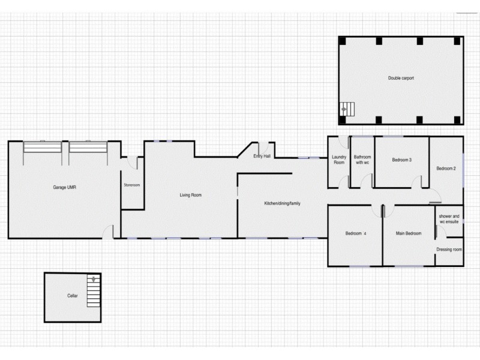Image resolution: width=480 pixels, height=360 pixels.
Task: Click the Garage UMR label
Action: tap(64, 188)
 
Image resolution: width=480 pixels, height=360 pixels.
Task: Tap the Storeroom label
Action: tap(131, 185)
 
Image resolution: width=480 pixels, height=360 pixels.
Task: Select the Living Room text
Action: tap(190, 195)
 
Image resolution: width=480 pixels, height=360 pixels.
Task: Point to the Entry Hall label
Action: tap(262, 156)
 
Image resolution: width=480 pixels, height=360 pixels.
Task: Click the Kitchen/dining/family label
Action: tap(282, 203)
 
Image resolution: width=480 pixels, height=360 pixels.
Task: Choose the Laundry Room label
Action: tap(339, 160)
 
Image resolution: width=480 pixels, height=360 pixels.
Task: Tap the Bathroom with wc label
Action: tap(362, 160)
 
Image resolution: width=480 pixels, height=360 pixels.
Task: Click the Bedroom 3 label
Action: tap(401, 160)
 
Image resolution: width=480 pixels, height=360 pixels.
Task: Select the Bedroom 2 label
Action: tap(446, 169)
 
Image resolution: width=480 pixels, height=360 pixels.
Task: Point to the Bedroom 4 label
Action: tap(355, 233)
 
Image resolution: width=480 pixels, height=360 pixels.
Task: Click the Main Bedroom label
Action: tap(409, 233)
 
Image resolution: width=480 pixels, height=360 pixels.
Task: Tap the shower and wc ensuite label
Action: tap(449, 218)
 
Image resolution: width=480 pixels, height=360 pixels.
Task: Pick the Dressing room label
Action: tap(449, 249)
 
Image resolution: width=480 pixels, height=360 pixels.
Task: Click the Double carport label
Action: tap(401, 78)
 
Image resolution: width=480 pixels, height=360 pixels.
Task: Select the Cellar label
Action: tap(72, 296)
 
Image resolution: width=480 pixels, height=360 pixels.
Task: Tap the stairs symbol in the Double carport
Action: tap(348, 109)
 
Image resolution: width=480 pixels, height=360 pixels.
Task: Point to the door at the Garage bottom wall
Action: tap(108, 232)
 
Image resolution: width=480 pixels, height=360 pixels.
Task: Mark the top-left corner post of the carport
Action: tap(343, 41)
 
